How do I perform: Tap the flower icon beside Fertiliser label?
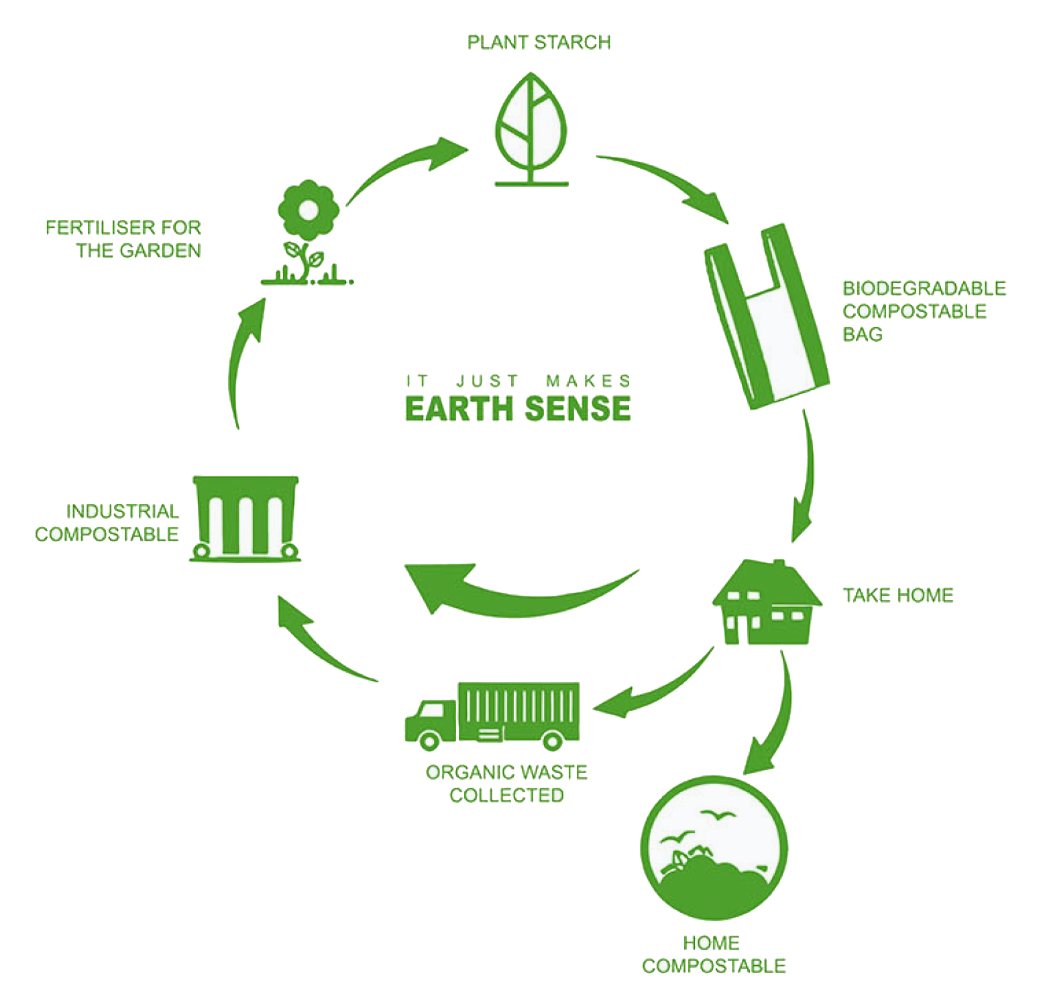(x=308, y=231)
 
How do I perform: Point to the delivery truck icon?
(x=493, y=715)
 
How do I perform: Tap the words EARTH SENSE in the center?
(x=518, y=408)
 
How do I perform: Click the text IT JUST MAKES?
(x=518, y=381)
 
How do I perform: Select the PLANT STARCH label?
(x=539, y=42)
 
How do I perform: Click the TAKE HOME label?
(x=897, y=595)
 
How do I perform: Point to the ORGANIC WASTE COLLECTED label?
(x=506, y=784)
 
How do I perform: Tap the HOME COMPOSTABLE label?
(x=713, y=954)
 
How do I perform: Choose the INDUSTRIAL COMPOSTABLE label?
(x=107, y=523)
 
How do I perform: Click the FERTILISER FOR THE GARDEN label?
(x=123, y=239)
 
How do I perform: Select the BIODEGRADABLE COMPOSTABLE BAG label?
(x=924, y=311)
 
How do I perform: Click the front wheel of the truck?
(x=429, y=739)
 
